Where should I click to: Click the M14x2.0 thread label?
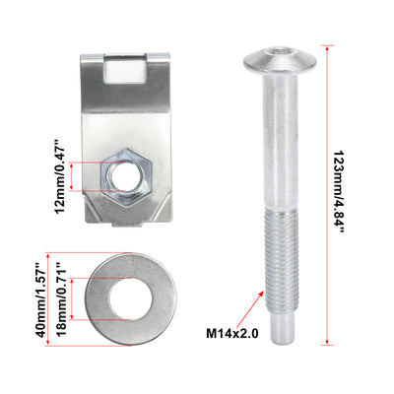[232, 334]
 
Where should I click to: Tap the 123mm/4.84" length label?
[339, 192]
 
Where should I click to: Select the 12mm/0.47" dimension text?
[60, 177]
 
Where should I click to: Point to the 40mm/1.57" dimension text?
[41, 300]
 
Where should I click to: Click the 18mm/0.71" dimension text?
[61, 298]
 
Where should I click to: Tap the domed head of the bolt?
[280, 60]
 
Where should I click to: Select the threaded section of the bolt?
[282, 261]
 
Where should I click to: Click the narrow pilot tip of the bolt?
[282, 327]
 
